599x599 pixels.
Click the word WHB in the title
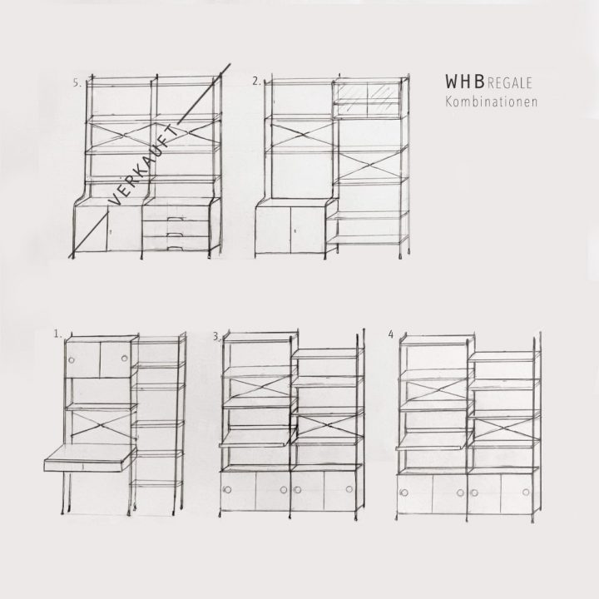(465, 82)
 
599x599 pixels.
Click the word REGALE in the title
(510, 83)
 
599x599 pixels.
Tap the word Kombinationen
(492, 101)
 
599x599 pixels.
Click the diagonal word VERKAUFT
(144, 165)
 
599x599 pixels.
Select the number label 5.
(77, 83)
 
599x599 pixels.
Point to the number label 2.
(256, 81)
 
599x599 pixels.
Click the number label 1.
(57, 334)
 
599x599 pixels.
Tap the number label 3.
(216, 336)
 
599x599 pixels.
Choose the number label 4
(390, 334)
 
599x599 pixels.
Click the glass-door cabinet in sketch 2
(367, 99)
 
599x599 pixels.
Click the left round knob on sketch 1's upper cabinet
(71, 360)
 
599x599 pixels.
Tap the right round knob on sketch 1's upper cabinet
(124, 359)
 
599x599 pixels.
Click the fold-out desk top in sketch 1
(90, 458)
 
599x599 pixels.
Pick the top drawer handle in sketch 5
(174, 219)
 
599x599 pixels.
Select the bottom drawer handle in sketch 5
(174, 249)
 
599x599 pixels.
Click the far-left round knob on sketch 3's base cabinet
(228, 490)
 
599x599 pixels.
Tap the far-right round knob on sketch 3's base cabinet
(349, 489)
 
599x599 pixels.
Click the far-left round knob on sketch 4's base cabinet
(404, 493)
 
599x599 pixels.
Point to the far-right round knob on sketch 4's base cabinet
(526, 492)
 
